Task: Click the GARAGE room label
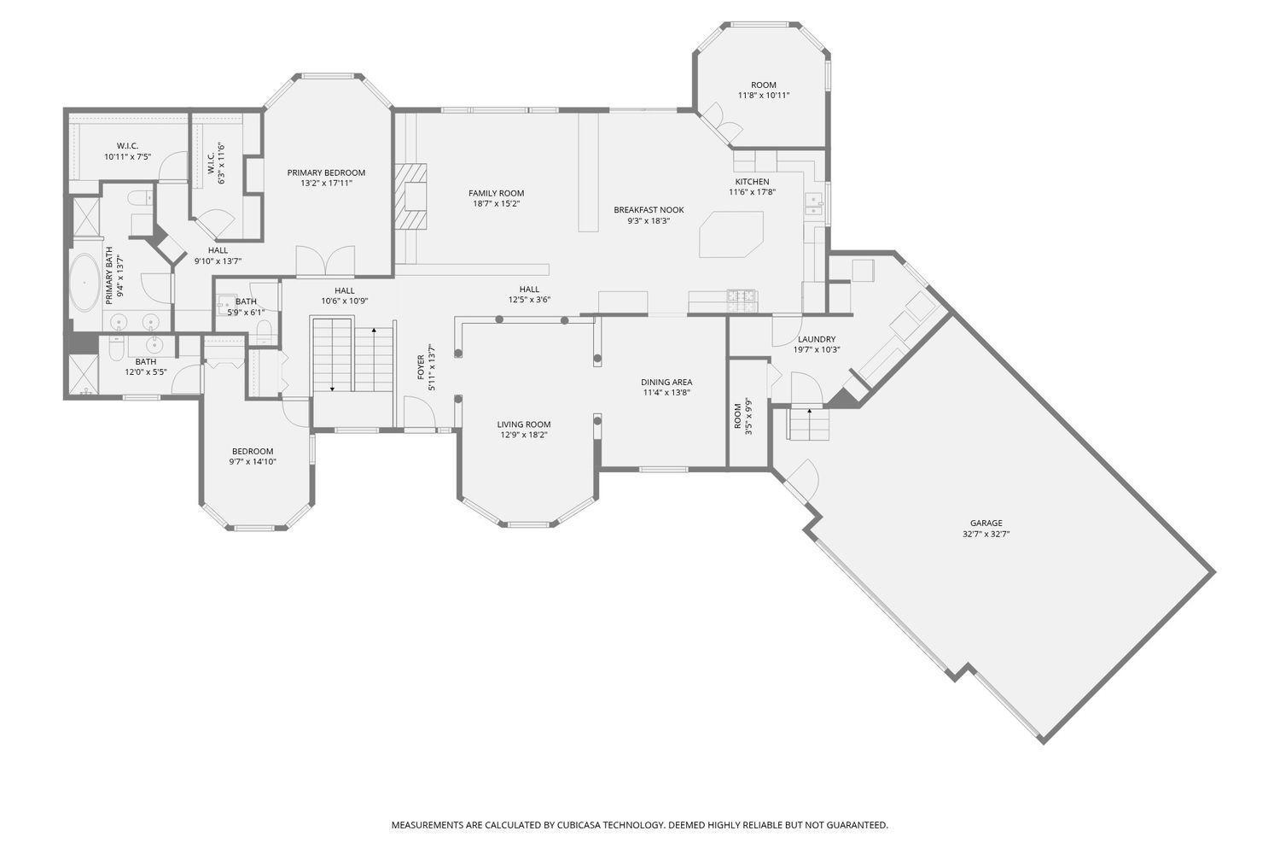(986, 523)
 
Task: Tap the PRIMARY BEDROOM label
(326, 173)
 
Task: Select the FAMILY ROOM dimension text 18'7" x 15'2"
(496, 203)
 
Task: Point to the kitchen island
(731, 235)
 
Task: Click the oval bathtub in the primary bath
(84, 283)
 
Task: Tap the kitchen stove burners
(742, 301)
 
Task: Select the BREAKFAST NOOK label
(649, 210)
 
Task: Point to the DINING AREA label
(666, 382)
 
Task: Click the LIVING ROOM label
(523, 424)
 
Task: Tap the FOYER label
(422, 367)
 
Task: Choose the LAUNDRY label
(817, 339)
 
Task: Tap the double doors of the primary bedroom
(325, 262)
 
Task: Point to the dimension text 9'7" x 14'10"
(253, 462)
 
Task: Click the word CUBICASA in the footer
(580, 825)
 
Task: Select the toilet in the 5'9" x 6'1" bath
(264, 331)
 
